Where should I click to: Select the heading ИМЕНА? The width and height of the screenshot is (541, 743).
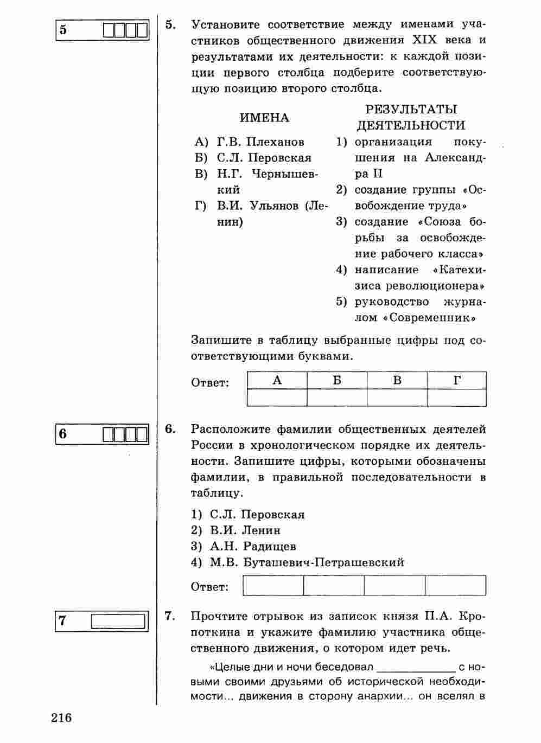265,118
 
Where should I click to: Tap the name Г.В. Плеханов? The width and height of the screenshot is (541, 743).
260,142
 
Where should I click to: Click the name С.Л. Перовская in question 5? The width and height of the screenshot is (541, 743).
264,158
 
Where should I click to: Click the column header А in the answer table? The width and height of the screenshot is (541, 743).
277,381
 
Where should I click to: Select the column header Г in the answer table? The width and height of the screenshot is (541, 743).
457,381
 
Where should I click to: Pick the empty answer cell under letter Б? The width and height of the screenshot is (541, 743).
337,398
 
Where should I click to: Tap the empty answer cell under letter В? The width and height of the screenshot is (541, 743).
397,398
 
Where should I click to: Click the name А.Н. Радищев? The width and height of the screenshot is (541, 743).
253,546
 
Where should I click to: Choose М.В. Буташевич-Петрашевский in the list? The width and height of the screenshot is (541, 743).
307,562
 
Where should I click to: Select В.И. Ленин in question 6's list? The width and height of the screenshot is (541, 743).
245,530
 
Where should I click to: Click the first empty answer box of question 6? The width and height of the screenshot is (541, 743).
273,586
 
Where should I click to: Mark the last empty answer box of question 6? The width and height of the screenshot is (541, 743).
456,586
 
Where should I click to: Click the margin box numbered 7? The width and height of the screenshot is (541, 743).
101,621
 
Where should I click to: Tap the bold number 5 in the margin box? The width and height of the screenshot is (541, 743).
63,29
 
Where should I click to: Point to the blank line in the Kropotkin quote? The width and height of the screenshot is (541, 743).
416,666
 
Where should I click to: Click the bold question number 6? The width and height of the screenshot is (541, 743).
170,429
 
